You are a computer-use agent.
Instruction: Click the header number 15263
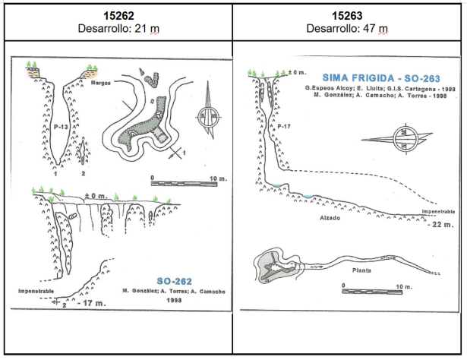pos(349,14)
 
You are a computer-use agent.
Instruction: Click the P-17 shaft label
pos(283,125)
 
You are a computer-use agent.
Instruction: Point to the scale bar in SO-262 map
pos(179,182)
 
